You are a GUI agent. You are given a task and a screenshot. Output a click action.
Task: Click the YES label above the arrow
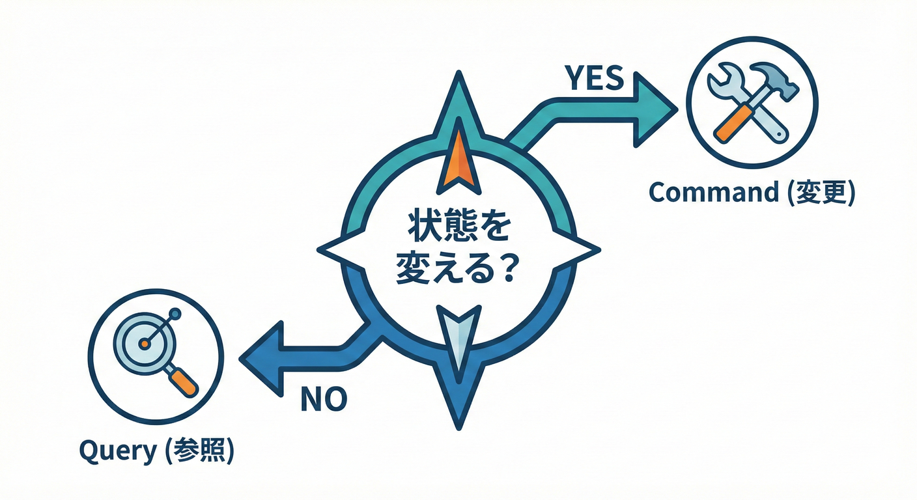(x=595, y=78)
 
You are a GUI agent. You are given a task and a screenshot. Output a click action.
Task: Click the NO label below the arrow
(x=324, y=398)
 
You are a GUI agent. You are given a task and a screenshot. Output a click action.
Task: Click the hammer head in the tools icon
(x=778, y=78)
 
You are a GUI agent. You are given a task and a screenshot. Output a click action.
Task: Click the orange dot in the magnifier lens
(x=144, y=343)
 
